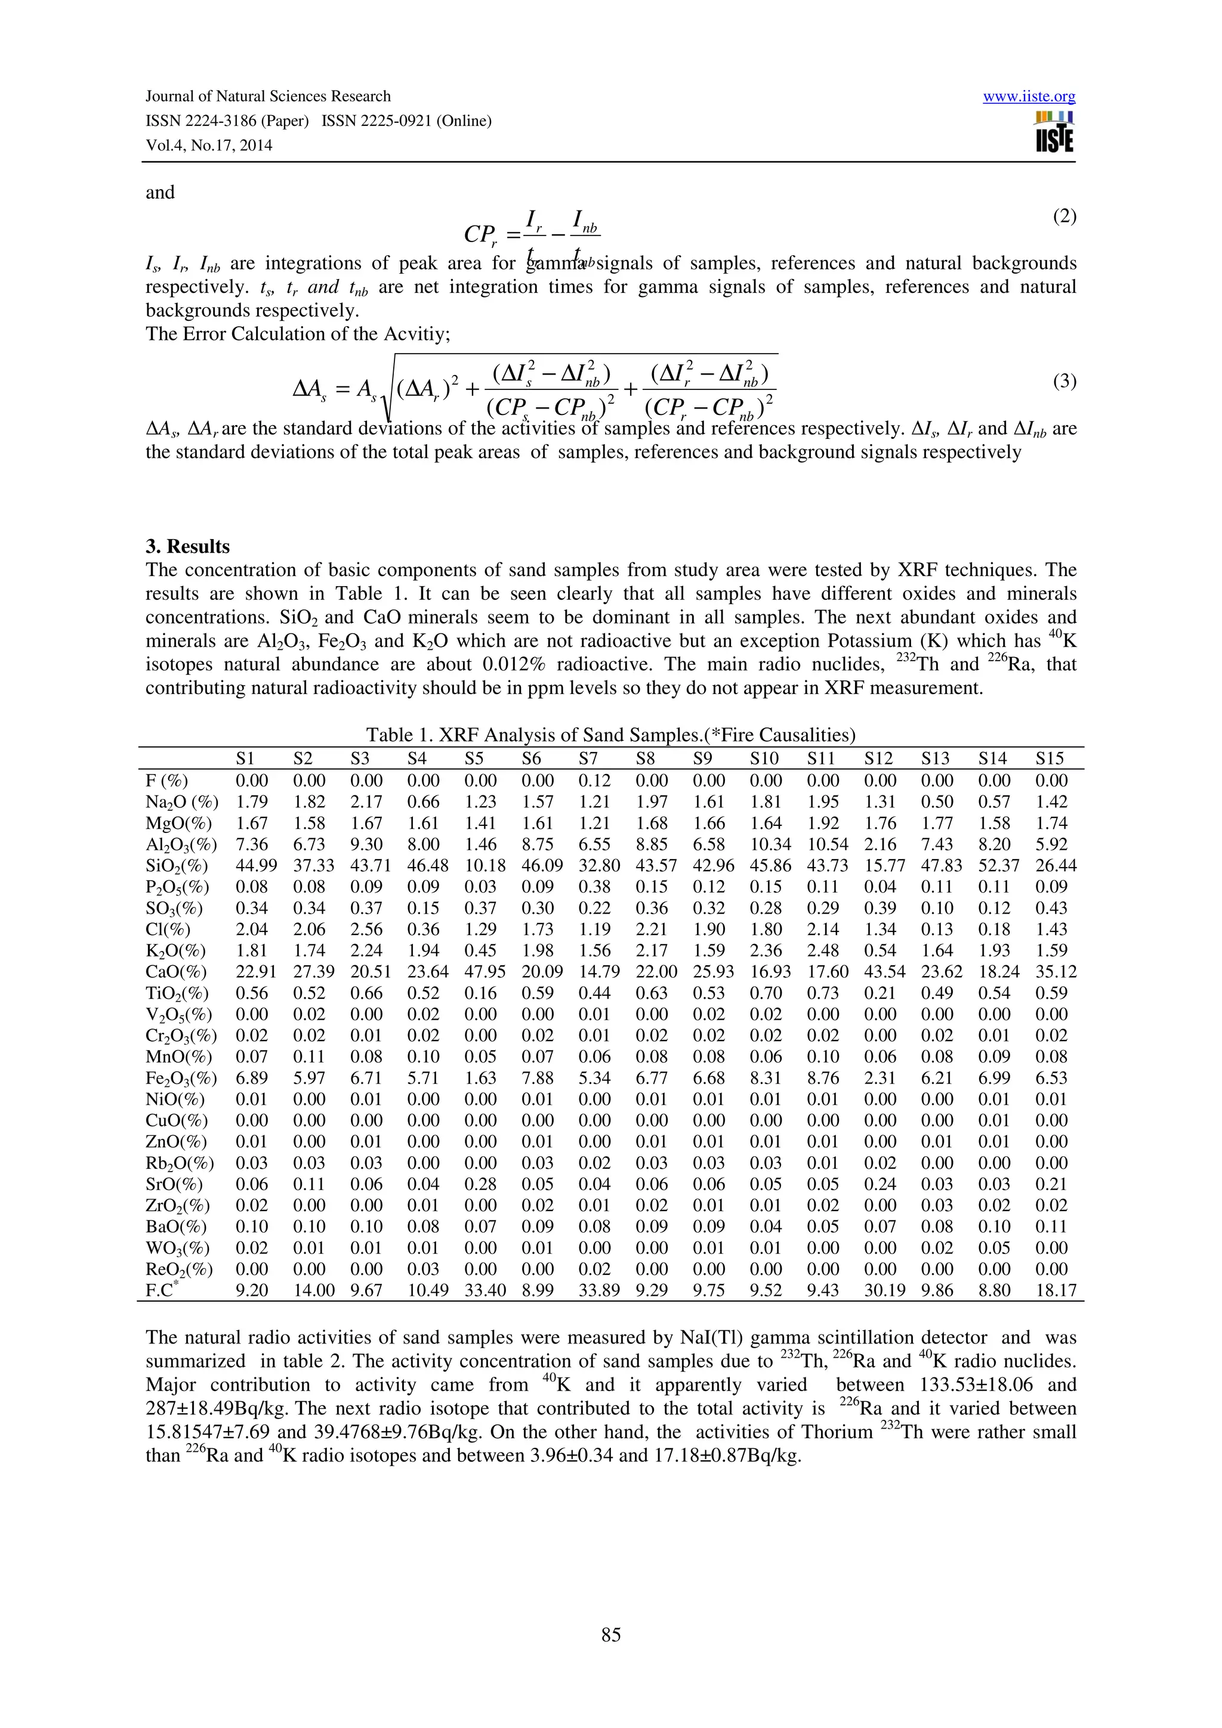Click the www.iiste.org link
[x=1029, y=97]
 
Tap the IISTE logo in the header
[x=1054, y=132]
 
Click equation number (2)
[x=1064, y=217]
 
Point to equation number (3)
[x=1064, y=382]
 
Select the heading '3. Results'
[x=187, y=546]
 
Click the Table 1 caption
[x=610, y=735]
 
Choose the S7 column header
[x=588, y=758]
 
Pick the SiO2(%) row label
[x=176, y=866]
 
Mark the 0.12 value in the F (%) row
[x=594, y=781]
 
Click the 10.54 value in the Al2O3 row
[x=827, y=844]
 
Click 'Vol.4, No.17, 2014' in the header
[x=209, y=145]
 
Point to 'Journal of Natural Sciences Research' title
[x=267, y=97]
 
